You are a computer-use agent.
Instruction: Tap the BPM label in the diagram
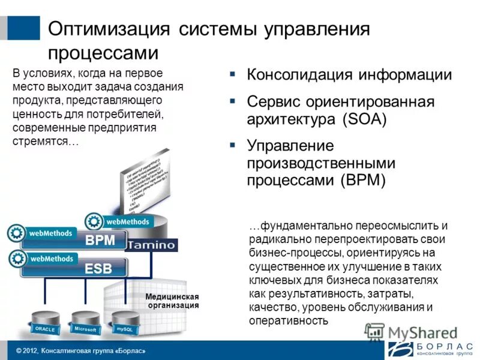coord(100,242)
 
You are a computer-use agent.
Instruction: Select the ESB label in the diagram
coord(98,268)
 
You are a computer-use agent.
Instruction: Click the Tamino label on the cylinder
coord(152,245)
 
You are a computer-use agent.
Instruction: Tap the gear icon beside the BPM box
coord(16,233)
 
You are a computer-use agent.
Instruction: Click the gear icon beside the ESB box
coord(16,259)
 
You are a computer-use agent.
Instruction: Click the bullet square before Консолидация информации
coord(232,74)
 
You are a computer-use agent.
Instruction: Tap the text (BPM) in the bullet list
coord(364,180)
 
